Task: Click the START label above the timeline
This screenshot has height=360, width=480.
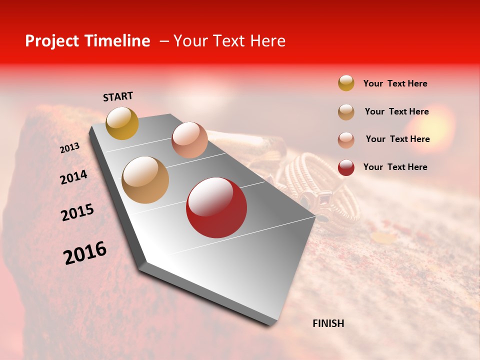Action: click(x=118, y=96)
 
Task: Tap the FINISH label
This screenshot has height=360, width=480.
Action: click(x=328, y=323)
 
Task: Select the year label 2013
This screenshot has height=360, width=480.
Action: click(x=69, y=148)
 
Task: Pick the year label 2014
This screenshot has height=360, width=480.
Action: click(x=73, y=177)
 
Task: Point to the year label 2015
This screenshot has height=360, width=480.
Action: click(x=77, y=212)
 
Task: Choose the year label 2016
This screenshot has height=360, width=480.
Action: click(x=85, y=253)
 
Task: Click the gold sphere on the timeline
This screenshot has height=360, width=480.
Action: click(x=122, y=123)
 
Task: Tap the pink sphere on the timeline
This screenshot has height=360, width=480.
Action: click(x=189, y=139)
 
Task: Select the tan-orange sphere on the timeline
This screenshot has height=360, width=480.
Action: click(x=145, y=180)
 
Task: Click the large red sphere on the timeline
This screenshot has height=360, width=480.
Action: click(x=216, y=207)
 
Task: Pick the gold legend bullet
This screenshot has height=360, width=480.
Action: click(x=346, y=83)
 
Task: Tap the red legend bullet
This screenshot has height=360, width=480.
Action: click(x=346, y=167)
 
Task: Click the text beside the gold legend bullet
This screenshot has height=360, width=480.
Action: click(x=395, y=83)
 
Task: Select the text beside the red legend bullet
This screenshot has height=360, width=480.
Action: click(x=395, y=167)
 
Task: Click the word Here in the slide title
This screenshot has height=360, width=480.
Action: click(x=267, y=41)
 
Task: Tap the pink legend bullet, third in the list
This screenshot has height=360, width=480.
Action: click(x=346, y=140)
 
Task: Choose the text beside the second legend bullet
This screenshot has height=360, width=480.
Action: click(x=396, y=111)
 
